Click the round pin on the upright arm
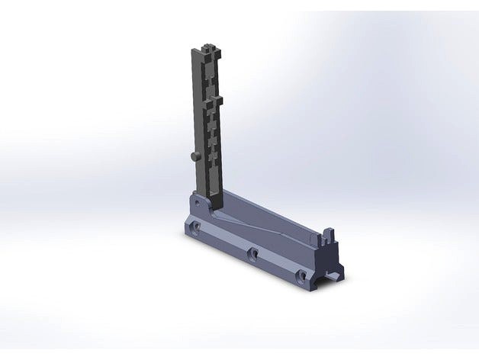click(x=192, y=156)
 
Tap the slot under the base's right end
click(x=333, y=272)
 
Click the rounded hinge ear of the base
click(x=196, y=200)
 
